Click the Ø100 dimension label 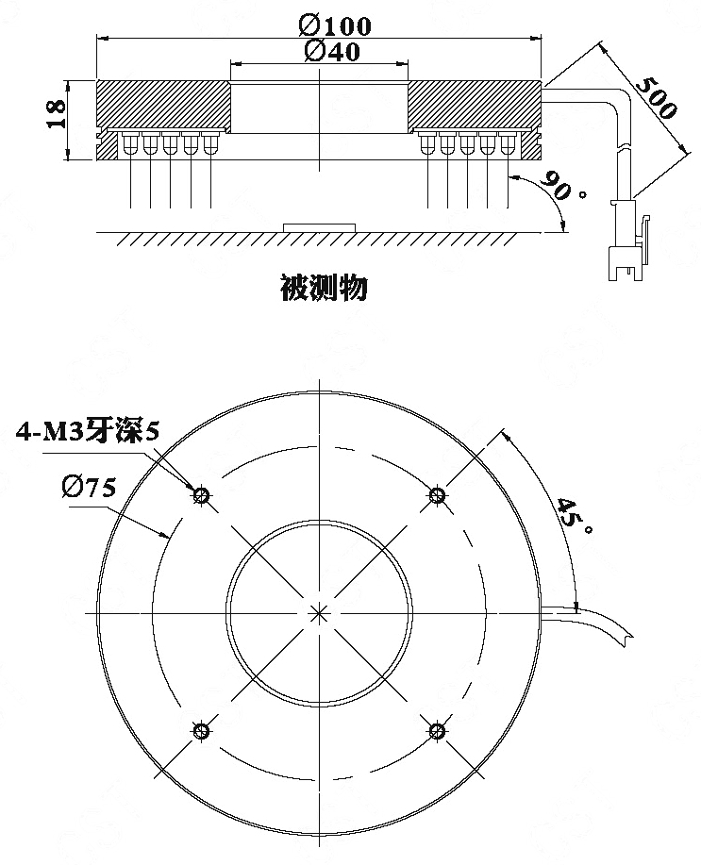click(335, 25)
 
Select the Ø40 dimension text click(332, 51)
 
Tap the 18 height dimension click(56, 115)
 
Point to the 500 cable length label click(656, 98)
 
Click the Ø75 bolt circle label click(89, 488)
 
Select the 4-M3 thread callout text click(87, 431)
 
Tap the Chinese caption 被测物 click(324, 288)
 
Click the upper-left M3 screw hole click(201, 495)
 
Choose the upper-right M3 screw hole click(437, 494)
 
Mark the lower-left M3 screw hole click(201, 731)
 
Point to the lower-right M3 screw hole click(437, 731)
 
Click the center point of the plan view click(319, 613)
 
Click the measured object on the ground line click(319, 228)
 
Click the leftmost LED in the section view click(131, 143)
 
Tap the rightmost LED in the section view click(508, 143)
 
